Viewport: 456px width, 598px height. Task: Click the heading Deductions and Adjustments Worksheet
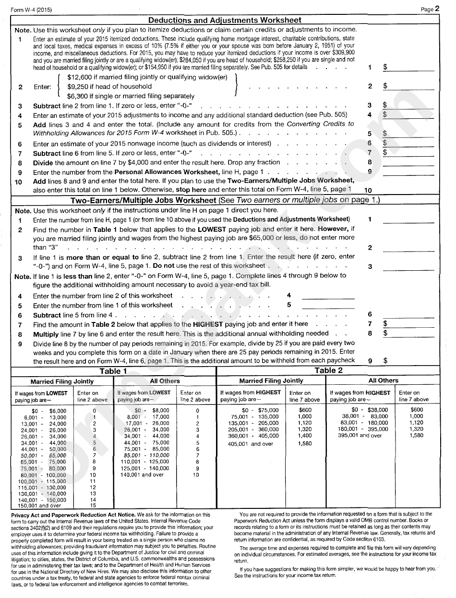pos(225,20)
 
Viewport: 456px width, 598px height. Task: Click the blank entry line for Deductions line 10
pos(408,190)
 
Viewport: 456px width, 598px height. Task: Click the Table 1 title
pos(113,371)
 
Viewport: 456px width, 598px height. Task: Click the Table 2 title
pos(328,370)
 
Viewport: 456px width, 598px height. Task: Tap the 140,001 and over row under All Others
pos(142,475)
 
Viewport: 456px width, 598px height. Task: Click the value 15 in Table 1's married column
pos(93,506)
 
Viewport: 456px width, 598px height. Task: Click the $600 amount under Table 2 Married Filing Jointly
pos(305,410)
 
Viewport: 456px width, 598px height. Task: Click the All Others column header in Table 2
pos(383,380)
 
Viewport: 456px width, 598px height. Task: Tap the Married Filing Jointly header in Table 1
pos(62,381)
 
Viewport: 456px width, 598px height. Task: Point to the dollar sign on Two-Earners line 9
pos(385,360)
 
